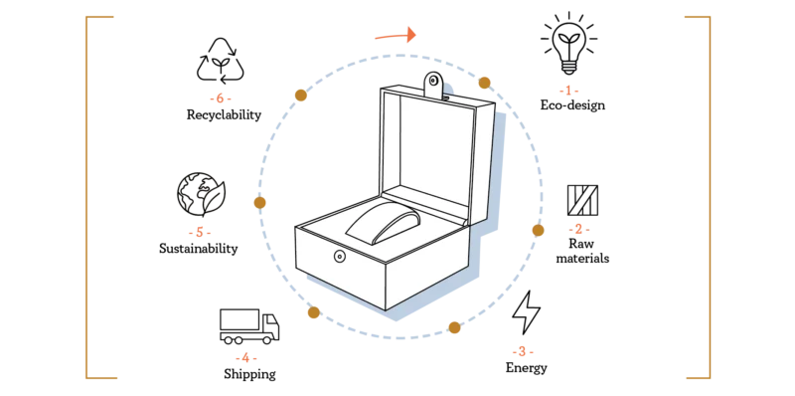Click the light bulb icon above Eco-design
click(x=568, y=43)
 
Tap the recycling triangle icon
click(x=220, y=61)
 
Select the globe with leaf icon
click(x=201, y=194)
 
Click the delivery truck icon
click(x=249, y=326)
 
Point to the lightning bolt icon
click(x=527, y=312)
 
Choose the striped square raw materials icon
click(x=582, y=200)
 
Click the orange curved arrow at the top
click(x=396, y=35)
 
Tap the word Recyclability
click(x=224, y=114)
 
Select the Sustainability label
click(x=198, y=249)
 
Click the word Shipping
click(x=250, y=375)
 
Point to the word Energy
click(x=527, y=367)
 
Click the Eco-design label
click(x=572, y=105)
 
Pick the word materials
click(x=582, y=258)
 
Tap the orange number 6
click(x=220, y=98)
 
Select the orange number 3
click(x=523, y=351)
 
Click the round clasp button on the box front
click(x=339, y=257)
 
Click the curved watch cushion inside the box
click(x=384, y=224)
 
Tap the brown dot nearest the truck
click(x=313, y=312)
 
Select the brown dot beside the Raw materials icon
click(x=538, y=231)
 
